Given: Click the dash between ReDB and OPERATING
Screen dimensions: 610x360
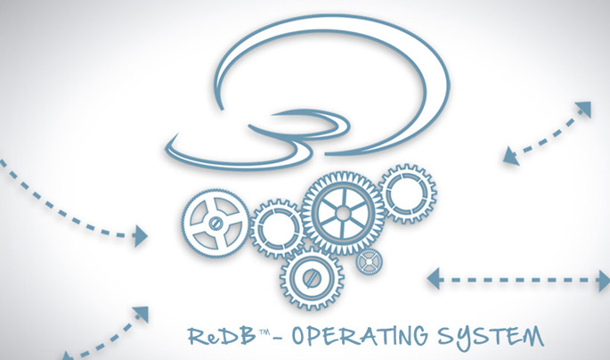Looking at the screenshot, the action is [281, 339].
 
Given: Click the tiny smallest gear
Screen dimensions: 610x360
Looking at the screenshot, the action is [367, 262].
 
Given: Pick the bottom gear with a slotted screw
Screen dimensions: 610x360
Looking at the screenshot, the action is [310, 277].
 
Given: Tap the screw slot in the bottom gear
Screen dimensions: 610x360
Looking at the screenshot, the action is [310, 277].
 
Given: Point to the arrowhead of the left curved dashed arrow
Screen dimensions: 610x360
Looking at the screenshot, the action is [141, 235].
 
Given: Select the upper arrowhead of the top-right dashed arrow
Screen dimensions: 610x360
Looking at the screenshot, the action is [583, 109].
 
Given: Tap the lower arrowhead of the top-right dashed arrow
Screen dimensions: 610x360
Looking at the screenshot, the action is [509, 157].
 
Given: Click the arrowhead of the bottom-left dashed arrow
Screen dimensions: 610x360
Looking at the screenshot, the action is [141, 313].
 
